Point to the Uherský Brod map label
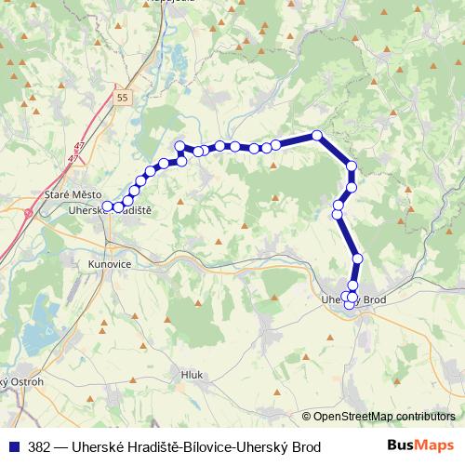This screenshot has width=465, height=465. pos(353,299)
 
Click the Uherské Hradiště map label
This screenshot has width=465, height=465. pos(110,211)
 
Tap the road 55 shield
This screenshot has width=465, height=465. pos(123,96)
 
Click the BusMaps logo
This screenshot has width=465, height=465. pos(420,447)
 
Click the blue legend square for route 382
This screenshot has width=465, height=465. pos(13,447)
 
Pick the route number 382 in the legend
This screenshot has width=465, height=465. pos(40,447)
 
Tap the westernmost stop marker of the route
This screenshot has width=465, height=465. pos(107,206)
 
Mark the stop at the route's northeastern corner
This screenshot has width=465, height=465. pos(317,136)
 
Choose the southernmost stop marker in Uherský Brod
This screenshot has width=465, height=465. pos(350,304)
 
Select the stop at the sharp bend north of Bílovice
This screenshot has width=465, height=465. pos(179,145)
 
